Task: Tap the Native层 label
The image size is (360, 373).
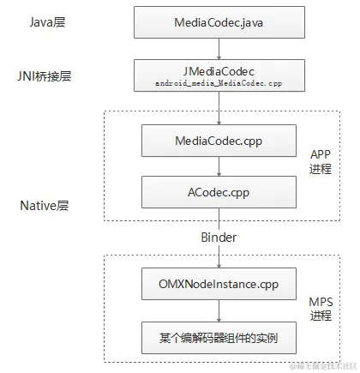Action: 44,208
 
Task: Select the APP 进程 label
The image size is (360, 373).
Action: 321,161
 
